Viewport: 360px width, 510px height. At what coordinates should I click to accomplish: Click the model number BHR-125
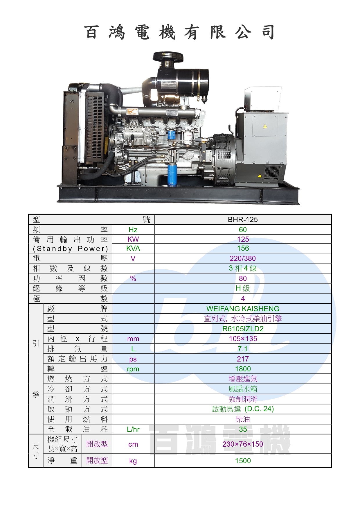[x=243, y=220]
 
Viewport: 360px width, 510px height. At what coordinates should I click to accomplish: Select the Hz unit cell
[x=133, y=230]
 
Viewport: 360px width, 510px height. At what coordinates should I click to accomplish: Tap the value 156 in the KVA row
[x=243, y=248]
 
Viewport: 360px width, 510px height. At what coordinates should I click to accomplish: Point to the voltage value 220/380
[x=243, y=258]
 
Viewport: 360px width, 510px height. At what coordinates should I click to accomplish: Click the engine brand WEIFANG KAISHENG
[x=243, y=309]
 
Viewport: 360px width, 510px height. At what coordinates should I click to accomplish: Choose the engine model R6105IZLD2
[x=243, y=329]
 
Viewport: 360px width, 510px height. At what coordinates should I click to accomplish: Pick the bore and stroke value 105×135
[x=243, y=339]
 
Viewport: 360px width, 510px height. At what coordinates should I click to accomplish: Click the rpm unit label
[x=133, y=369]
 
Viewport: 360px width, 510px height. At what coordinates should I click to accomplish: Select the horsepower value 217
[x=243, y=359]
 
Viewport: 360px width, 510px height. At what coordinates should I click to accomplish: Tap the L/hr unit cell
[x=133, y=429]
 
